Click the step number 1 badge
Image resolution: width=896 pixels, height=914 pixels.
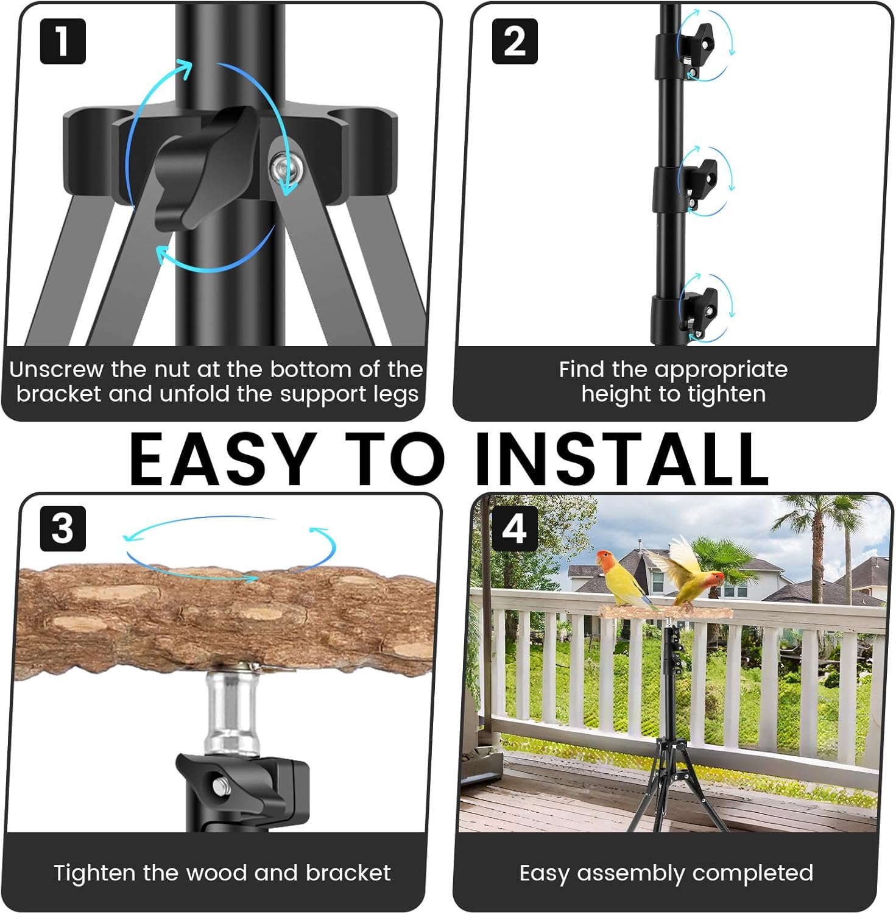click(63, 41)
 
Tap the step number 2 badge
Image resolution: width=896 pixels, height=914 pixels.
click(515, 41)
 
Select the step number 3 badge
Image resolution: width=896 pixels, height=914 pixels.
click(63, 528)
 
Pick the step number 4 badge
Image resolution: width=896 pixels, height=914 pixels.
click(515, 528)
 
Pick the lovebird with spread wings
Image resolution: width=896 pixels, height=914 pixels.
click(691, 573)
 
